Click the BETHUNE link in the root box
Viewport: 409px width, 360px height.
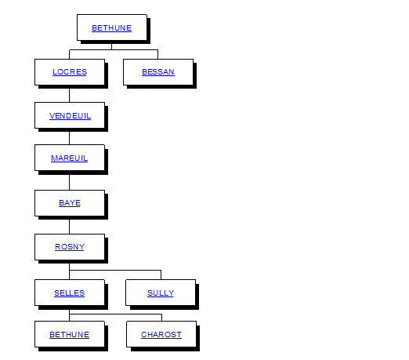(x=111, y=28)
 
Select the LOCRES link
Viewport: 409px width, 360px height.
(x=70, y=72)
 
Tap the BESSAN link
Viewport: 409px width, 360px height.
(x=158, y=72)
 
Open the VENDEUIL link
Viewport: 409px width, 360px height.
(x=70, y=116)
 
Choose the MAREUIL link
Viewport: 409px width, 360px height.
(x=69, y=158)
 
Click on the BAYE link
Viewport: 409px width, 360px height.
(x=70, y=203)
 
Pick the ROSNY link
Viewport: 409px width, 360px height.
(x=70, y=247)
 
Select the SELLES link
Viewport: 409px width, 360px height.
(x=69, y=293)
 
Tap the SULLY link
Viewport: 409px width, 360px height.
(x=161, y=293)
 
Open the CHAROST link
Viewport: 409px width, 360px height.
(x=161, y=335)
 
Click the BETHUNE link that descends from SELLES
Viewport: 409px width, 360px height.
(x=69, y=335)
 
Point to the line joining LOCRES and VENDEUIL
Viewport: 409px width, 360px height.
(x=69, y=96)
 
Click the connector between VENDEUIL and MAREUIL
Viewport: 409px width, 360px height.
(x=69, y=138)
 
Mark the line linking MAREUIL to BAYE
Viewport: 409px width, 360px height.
(x=69, y=183)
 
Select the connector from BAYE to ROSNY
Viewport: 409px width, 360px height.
(x=69, y=227)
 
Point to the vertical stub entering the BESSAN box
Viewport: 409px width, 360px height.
(x=157, y=54)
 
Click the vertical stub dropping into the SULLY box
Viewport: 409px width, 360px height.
(x=161, y=275)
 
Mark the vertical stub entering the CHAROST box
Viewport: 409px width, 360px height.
(x=161, y=318)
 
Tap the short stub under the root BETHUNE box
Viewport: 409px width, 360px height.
(x=111, y=46)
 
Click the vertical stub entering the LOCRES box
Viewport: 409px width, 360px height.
(x=69, y=54)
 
